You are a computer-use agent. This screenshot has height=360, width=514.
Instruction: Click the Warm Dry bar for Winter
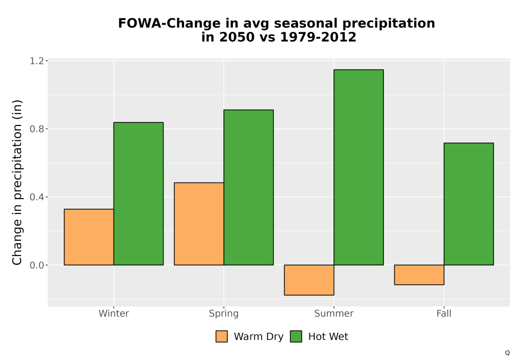coord(89,237)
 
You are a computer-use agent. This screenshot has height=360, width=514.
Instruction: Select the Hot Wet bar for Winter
coord(138,194)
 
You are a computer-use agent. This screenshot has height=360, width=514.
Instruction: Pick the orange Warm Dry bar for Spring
coord(199,224)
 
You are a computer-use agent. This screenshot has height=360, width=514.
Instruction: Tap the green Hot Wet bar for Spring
coord(248,188)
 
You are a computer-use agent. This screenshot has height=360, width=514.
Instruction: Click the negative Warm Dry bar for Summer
coord(309,280)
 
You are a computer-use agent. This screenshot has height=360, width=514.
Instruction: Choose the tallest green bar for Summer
coord(359,167)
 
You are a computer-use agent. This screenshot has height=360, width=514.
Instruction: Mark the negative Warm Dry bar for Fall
coord(419,275)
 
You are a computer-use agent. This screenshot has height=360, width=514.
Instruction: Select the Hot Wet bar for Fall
coord(469,204)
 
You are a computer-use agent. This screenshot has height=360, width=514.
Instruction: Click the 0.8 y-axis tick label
coord(36,129)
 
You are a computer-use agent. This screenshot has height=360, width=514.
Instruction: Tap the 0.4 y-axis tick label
coord(36,197)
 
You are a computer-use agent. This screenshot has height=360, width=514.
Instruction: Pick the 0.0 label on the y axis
coord(36,265)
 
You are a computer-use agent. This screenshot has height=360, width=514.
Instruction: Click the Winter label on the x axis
coord(114,313)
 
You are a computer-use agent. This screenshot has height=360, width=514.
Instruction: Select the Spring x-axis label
coord(224,314)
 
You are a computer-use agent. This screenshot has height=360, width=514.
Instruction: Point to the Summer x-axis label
coord(334,313)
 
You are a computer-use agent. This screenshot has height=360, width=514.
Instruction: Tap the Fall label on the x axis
coord(444,313)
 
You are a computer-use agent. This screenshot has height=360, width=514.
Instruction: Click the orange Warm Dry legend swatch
coord(222,336)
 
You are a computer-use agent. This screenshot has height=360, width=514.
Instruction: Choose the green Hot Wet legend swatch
coord(296,336)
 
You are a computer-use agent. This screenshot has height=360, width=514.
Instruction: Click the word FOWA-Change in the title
coord(170,23)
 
